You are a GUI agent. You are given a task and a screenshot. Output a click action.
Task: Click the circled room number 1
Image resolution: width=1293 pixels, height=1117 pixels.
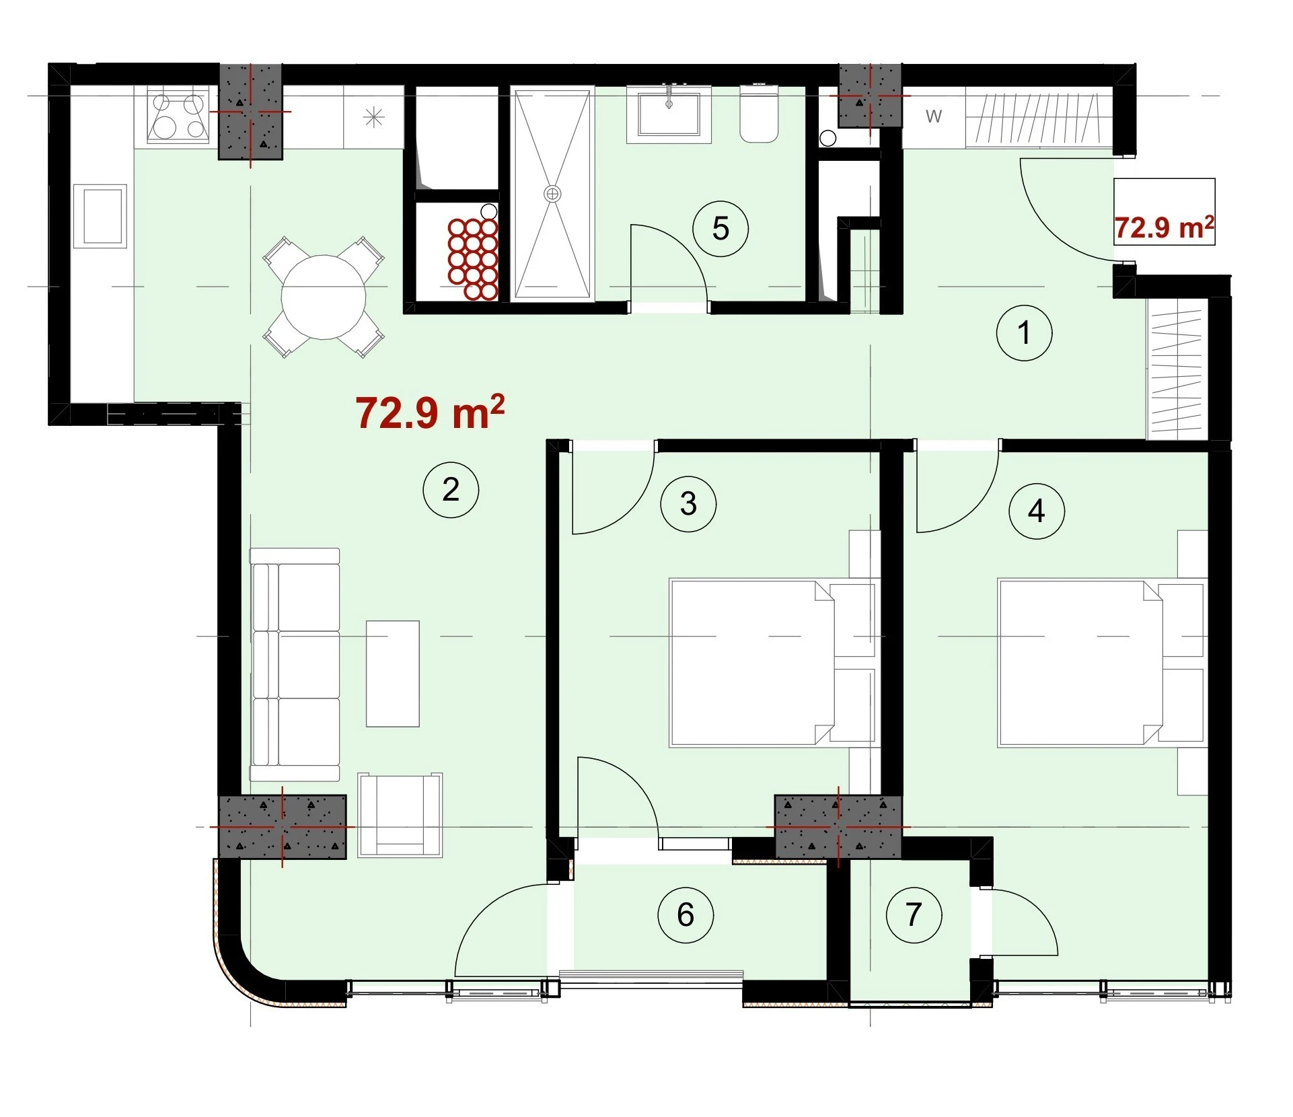[1024, 332]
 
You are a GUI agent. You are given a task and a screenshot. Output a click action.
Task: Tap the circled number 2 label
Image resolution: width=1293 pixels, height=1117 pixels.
[451, 489]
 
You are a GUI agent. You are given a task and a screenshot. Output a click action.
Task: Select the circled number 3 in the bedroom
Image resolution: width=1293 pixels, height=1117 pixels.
[688, 503]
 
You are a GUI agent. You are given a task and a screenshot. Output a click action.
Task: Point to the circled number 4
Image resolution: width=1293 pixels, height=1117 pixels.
[1037, 511]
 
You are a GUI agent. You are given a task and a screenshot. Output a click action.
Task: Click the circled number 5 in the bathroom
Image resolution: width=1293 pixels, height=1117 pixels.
[721, 229]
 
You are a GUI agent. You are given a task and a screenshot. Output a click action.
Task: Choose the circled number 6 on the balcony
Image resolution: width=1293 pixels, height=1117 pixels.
[686, 914]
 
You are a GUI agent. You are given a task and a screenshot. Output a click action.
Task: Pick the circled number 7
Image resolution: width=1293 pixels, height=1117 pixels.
[914, 914]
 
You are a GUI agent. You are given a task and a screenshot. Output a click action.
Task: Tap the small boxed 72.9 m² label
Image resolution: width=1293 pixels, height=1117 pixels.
[1165, 227]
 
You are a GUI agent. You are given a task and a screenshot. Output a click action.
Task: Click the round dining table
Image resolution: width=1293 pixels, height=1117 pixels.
[324, 297]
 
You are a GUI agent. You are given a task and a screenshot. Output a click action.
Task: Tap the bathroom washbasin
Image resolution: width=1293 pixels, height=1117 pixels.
[669, 114]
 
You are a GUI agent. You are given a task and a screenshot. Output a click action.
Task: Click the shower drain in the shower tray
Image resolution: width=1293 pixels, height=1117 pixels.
[552, 194]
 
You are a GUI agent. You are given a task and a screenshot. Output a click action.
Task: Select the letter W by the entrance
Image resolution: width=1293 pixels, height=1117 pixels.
[933, 116]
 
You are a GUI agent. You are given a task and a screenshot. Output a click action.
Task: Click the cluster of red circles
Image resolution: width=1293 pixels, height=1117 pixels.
[473, 258]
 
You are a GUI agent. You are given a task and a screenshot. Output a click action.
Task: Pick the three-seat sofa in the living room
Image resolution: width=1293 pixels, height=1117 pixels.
[295, 664]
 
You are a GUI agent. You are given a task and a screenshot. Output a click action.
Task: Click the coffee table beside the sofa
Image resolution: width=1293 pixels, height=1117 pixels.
[393, 674]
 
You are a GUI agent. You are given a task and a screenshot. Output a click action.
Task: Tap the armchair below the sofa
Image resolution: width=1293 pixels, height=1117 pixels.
[400, 815]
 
